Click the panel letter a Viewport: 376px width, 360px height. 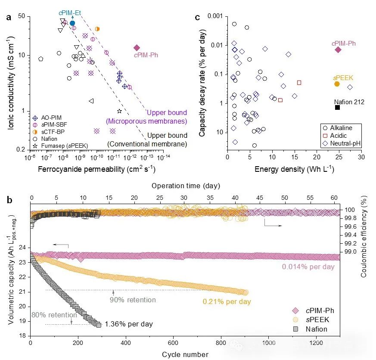click(x=9, y=18)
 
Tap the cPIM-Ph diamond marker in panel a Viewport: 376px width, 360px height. click(x=137, y=48)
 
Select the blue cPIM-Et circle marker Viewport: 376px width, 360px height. click(x=72, y=23)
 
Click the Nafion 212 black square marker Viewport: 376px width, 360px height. click(x=338, y=107)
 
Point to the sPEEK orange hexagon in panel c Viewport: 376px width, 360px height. click(x=337, y=84)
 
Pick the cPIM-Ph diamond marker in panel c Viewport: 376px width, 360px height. click(x=338, y=50)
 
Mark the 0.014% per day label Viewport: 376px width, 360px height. click(x=308, y=267)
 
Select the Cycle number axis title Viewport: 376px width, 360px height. click(x=185, y=354)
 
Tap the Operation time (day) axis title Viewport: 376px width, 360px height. click(x=186, y=186)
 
